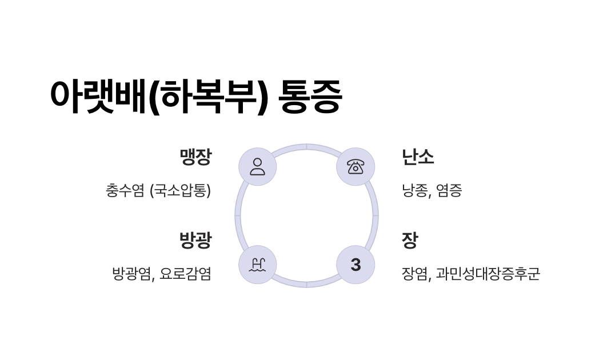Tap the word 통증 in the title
(x=310, y=96)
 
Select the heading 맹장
(x=195, y=157)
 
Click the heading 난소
(x=418, y=157)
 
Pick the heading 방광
(x=195, y=240)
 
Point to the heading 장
(x=410, y=240)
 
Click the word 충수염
(x=125, y=190)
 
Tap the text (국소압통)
(x=180, y=190)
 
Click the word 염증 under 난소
(x=449, y=190)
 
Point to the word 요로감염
(x=185, y=274)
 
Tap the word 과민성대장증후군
(x=488, y=274)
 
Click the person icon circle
(x=258, y=167)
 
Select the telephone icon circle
(x=356, y=167)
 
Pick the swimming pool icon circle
(x=258, y=265)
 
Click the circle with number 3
(x=356, y=265)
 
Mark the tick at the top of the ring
(x=307, y=146)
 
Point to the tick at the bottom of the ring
(x=307, y=284)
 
